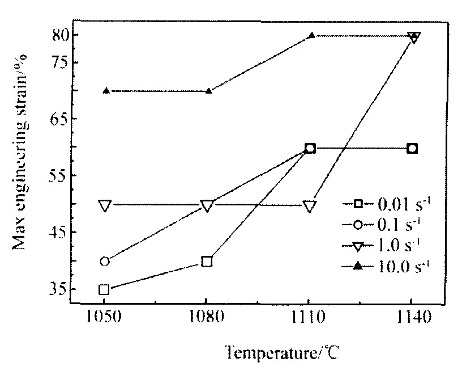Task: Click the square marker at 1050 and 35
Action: [104, 289]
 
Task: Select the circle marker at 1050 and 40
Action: [104, 262]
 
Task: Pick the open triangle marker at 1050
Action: [104, 205]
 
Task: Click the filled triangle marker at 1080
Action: [208, 91]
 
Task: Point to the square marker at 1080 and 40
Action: [207, 262]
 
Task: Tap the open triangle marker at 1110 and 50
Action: [310, 206]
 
